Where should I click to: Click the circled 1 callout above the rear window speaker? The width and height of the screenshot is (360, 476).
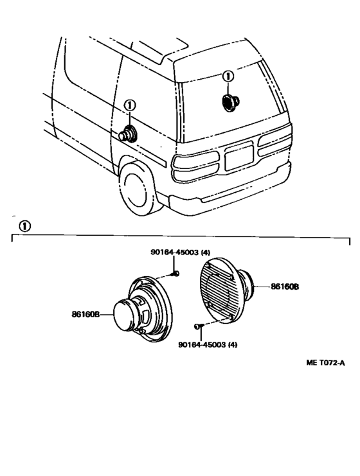click(x=228, y=76)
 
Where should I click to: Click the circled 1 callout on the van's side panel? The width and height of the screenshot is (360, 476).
click(x=130, y=105)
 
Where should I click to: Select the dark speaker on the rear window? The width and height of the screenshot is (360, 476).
click(x=230, y=102)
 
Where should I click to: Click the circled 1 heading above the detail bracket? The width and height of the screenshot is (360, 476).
click(x=24, y=226)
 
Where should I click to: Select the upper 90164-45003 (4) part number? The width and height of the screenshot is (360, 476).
click(x=180, y=252)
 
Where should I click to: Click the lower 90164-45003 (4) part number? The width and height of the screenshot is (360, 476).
click(x=208, y=345)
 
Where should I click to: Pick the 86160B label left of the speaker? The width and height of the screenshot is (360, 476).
click(x=85, y=314)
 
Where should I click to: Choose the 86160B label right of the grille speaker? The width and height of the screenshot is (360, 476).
click(x=285, y=286)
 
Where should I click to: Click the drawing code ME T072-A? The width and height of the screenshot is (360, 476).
click(x=325, y=362)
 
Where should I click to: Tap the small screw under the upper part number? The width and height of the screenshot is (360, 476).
click(x=175, y=274)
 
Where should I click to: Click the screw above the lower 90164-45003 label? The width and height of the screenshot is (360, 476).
click(x=199, y=326)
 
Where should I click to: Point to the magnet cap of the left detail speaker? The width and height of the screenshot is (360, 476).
click(x=124, y=315)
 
